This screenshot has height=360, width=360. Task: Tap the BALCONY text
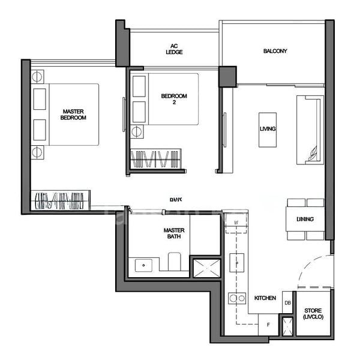[275, 51]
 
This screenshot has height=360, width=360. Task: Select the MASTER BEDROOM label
[73, 114]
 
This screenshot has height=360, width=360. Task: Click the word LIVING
[268, 129]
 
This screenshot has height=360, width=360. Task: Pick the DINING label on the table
[305, 219]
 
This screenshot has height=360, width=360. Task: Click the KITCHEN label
[265, 298]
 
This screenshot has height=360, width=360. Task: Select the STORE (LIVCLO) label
[313, 313]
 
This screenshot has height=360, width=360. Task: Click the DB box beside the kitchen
[287, 303]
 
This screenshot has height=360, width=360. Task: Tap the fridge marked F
[268, 325]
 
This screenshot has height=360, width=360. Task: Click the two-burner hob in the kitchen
[237, 298]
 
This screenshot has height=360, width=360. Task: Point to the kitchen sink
[237, 263]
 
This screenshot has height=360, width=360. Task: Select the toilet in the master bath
[175, 262]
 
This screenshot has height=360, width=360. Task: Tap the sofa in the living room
[310, 129]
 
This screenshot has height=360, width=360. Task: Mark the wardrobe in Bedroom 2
[155, 159]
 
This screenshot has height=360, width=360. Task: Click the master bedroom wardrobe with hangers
[60, 199]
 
